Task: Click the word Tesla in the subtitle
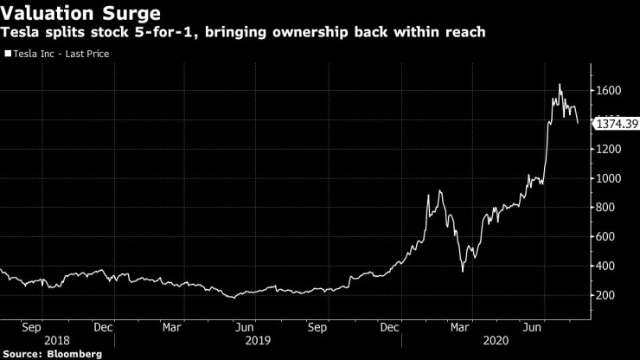(23, 32)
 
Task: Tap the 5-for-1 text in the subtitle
(174, 32)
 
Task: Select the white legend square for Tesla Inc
(8, 54)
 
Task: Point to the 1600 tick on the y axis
(609, 91)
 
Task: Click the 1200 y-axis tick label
(609, 149)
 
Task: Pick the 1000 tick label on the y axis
(609, 178)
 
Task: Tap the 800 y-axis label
(606, 208)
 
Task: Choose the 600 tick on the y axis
(606, 237)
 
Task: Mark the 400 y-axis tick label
(606, 267)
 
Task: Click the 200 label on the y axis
(606, 296)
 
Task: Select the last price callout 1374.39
(616, 125)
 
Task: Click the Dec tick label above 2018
(103, 328)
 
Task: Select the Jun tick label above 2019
(246, 328)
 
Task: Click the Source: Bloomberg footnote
(52, 354)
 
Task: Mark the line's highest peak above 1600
(560, 84)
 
